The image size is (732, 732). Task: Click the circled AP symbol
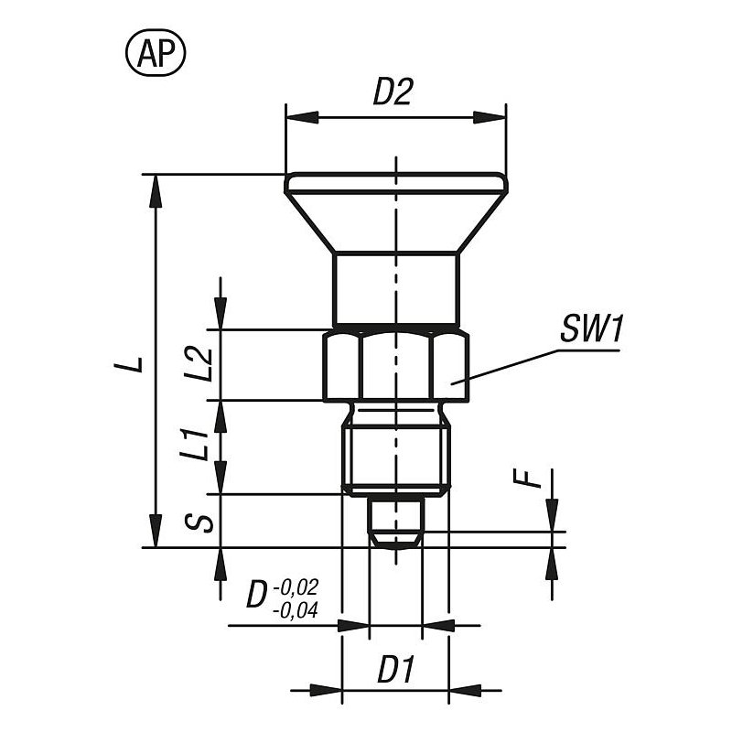click(x=156, y=53)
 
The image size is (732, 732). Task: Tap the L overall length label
click(x=128, y=361)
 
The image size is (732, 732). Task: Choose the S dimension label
click(x=199, y=522)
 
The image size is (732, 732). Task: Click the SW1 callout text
click(x=590, y=328)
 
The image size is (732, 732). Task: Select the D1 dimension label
click(x=395, y=670)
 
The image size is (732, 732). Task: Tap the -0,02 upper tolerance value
click(x=296, y=587)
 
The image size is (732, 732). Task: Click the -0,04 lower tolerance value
click(x=295, y=610)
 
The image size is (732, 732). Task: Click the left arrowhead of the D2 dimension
click(x=302, y=117)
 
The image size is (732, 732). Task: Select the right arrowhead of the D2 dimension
click(x=490, y=117)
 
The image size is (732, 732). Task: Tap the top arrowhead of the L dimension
click(x=156, y=191)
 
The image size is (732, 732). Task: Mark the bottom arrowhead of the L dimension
click(x=156, y=531)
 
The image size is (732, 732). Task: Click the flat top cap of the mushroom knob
click(x=395, y=182)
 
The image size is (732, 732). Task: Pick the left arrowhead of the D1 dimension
click(x=326, y=690)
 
